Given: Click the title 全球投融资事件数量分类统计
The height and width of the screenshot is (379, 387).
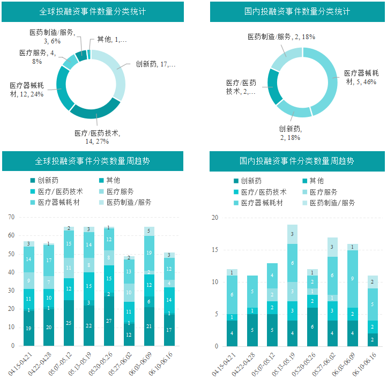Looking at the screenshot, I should click(93, 11).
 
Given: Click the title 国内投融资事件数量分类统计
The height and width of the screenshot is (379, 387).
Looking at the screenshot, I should click(297, 11).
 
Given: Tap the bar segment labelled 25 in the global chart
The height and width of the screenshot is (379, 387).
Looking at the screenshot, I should click(69, 323).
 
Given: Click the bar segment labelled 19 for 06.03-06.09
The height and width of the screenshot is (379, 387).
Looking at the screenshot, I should click(150, 253).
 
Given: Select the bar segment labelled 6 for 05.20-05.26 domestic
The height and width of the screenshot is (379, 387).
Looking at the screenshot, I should click(312, 326).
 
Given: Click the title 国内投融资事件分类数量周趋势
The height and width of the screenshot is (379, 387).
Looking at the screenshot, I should click(296, 161).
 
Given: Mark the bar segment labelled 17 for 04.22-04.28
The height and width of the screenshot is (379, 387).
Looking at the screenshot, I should click(49, 260).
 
